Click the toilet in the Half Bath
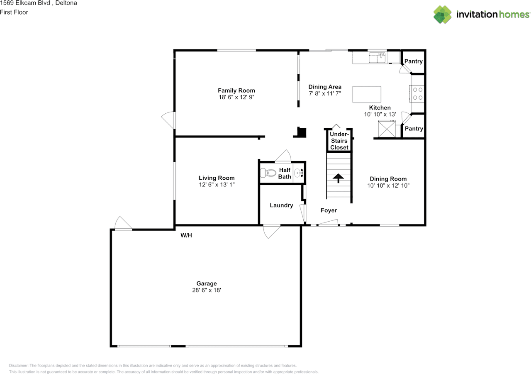pos(268,173)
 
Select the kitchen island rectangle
pos(367,94)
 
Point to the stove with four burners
pos(417,93)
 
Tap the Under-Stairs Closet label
pos(339,141)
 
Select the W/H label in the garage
pos(186,235)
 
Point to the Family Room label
pos(236,90)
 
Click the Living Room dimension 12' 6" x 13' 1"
pos(217,184)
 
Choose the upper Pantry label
pos(413,61)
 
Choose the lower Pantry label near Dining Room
pos(414,129)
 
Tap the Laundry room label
pos(281,205)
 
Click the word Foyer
pos(329,210)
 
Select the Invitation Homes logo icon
pos(443,15)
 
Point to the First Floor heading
pos(14,12)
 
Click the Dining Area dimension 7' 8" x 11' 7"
pos(325,93)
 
